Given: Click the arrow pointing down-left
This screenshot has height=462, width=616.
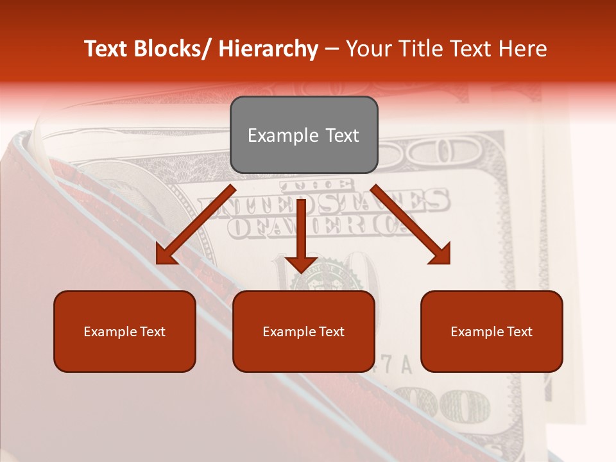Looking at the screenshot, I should (196, 225).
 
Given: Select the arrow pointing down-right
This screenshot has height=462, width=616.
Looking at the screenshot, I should (411, 225).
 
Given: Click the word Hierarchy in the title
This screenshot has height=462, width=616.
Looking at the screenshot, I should (268, 49).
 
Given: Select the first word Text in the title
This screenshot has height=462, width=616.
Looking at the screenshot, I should (107, 49).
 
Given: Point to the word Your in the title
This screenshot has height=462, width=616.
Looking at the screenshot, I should (369, 49).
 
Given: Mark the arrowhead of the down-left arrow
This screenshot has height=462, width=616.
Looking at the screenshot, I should (166, 255).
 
